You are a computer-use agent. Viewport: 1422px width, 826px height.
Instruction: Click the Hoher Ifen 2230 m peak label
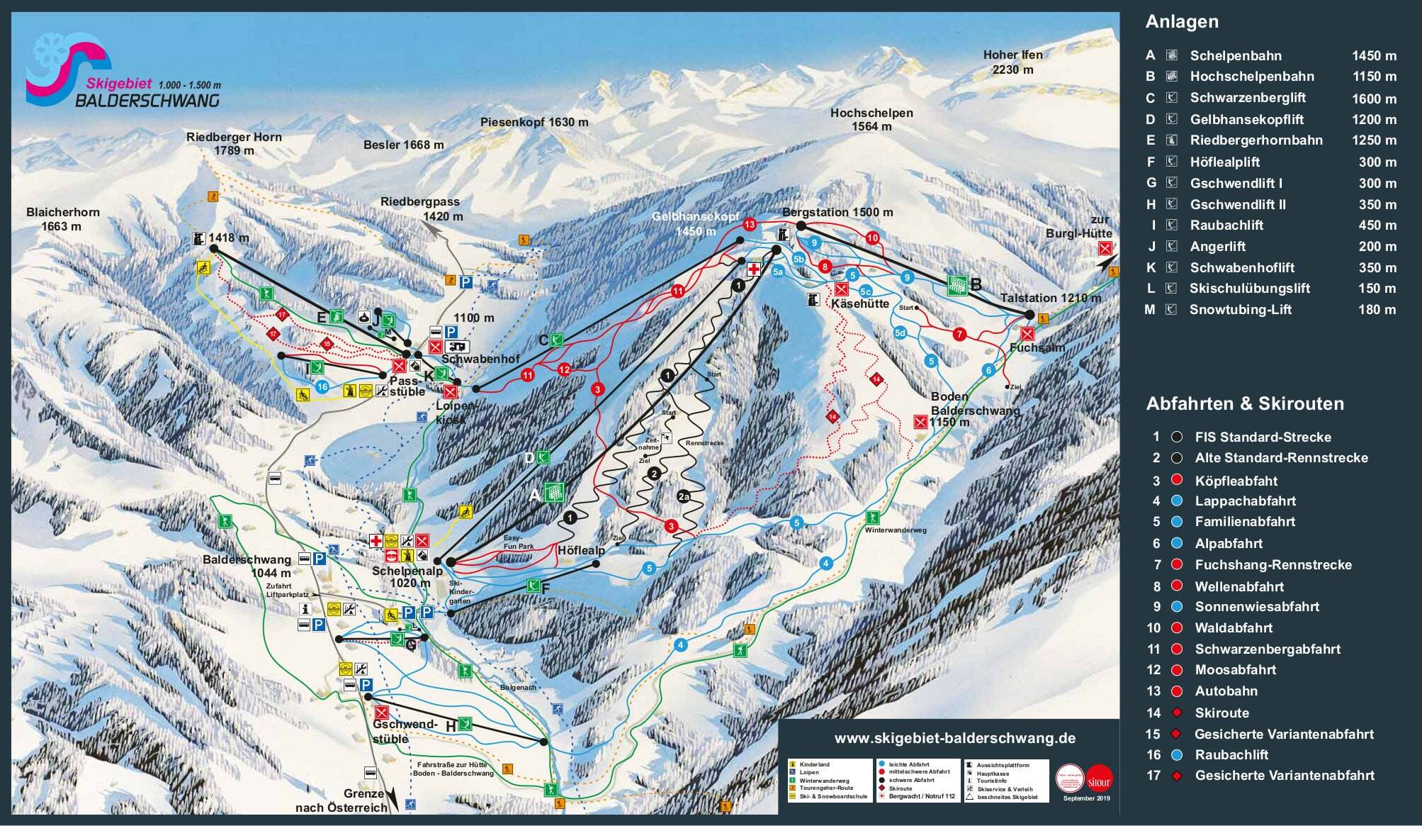[1012, 62]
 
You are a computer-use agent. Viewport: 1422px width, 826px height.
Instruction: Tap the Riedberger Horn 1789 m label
[234, 143]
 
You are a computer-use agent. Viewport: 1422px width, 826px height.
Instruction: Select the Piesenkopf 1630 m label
[534, 122]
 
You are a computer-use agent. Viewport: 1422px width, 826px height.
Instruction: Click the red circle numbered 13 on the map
[750, 225]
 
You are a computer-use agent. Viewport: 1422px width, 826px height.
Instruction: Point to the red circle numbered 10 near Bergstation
[872, 238]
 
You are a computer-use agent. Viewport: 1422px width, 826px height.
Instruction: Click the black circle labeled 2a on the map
[684, 496]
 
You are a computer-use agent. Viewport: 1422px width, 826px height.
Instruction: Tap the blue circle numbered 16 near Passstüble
[322, 386]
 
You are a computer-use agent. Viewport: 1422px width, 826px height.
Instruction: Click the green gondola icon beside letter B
[957, 285]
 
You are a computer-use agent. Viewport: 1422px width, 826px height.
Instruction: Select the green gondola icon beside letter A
[554, 491]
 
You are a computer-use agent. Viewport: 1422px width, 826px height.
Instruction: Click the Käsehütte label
[859, 303]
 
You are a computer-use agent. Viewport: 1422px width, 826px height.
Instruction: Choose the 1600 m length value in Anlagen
[1373, 99]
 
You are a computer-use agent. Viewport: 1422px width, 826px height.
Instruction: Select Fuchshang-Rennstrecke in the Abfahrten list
[1273, 565]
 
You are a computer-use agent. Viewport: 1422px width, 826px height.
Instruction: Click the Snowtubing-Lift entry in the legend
[1240, 310]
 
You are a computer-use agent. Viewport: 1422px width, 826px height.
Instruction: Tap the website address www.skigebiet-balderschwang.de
[954, 739]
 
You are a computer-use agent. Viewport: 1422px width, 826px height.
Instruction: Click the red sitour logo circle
[1099, 778]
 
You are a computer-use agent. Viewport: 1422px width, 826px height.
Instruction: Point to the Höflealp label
[581, 550]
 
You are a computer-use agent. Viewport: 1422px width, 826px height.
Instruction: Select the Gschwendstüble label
[400, 731]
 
